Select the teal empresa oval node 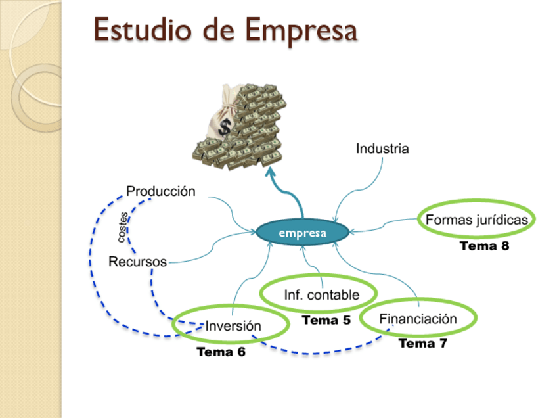[301, 233]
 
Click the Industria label [382, 149]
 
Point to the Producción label [161, 191]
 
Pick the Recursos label [137, 262]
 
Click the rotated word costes [123, 227]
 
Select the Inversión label [233, 326]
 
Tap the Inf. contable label [321, 295]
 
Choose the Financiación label [418, 319]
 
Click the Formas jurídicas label [477, 220]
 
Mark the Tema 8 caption [485, 246]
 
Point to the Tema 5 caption [326, 321]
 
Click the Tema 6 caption [221, 352]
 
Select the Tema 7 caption [423, 343]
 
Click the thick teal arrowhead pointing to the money [271, 173]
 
